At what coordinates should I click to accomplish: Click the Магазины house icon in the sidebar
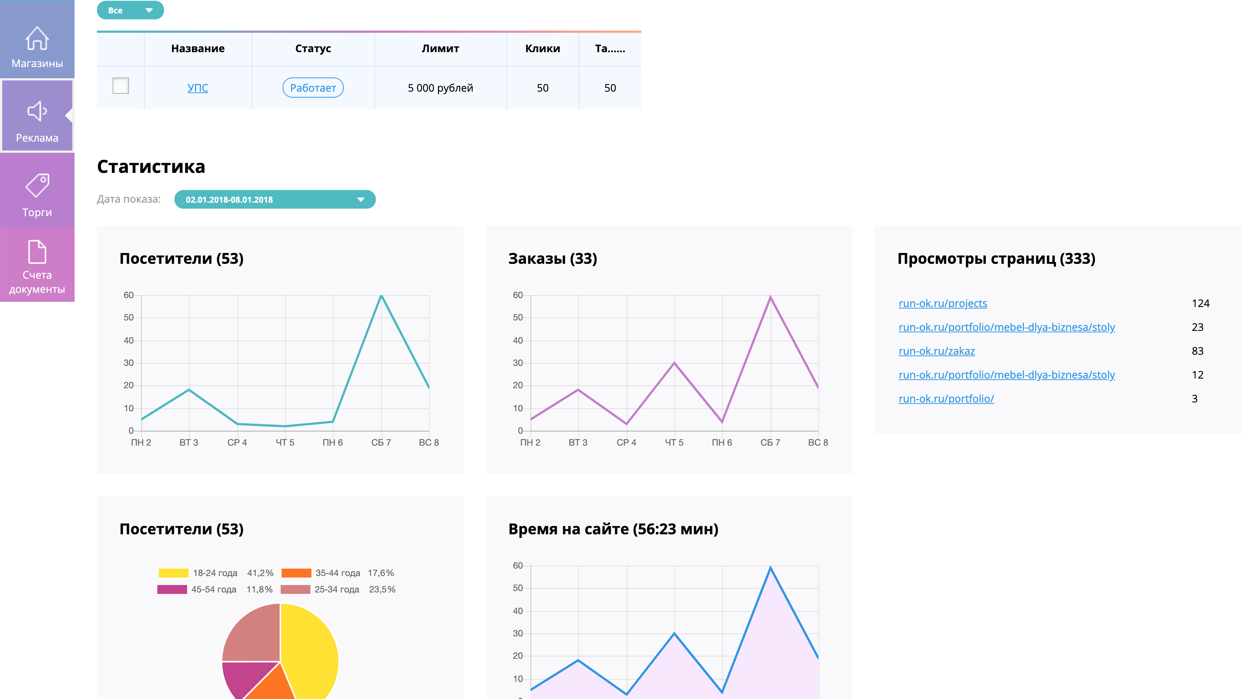37,38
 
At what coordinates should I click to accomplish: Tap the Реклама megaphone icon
37,111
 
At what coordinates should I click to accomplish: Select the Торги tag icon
37,186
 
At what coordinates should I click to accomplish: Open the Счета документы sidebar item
37,266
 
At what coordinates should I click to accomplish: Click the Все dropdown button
130,10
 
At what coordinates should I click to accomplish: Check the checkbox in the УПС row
121,86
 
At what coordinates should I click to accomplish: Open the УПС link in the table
198,88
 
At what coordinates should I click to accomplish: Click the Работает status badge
313,88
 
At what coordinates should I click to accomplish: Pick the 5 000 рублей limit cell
440,88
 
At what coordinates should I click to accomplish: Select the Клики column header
542,48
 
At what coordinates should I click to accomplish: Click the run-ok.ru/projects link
943,303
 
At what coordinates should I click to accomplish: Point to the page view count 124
1201,303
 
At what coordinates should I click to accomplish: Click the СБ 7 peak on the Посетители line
381,295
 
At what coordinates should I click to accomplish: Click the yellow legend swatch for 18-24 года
174,573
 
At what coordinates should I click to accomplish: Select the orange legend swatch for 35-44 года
296,573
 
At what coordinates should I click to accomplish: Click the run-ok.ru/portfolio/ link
946,399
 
